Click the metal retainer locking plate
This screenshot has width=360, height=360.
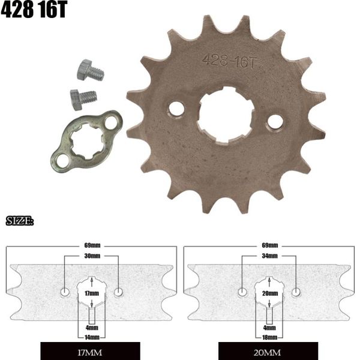click(86, 140)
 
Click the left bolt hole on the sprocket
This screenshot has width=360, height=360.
click(176, 109)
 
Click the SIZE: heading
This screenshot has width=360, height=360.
click(20, 221)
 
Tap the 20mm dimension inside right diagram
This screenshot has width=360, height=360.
click(269, 293)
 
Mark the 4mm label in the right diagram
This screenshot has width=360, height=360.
click(269, 328)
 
